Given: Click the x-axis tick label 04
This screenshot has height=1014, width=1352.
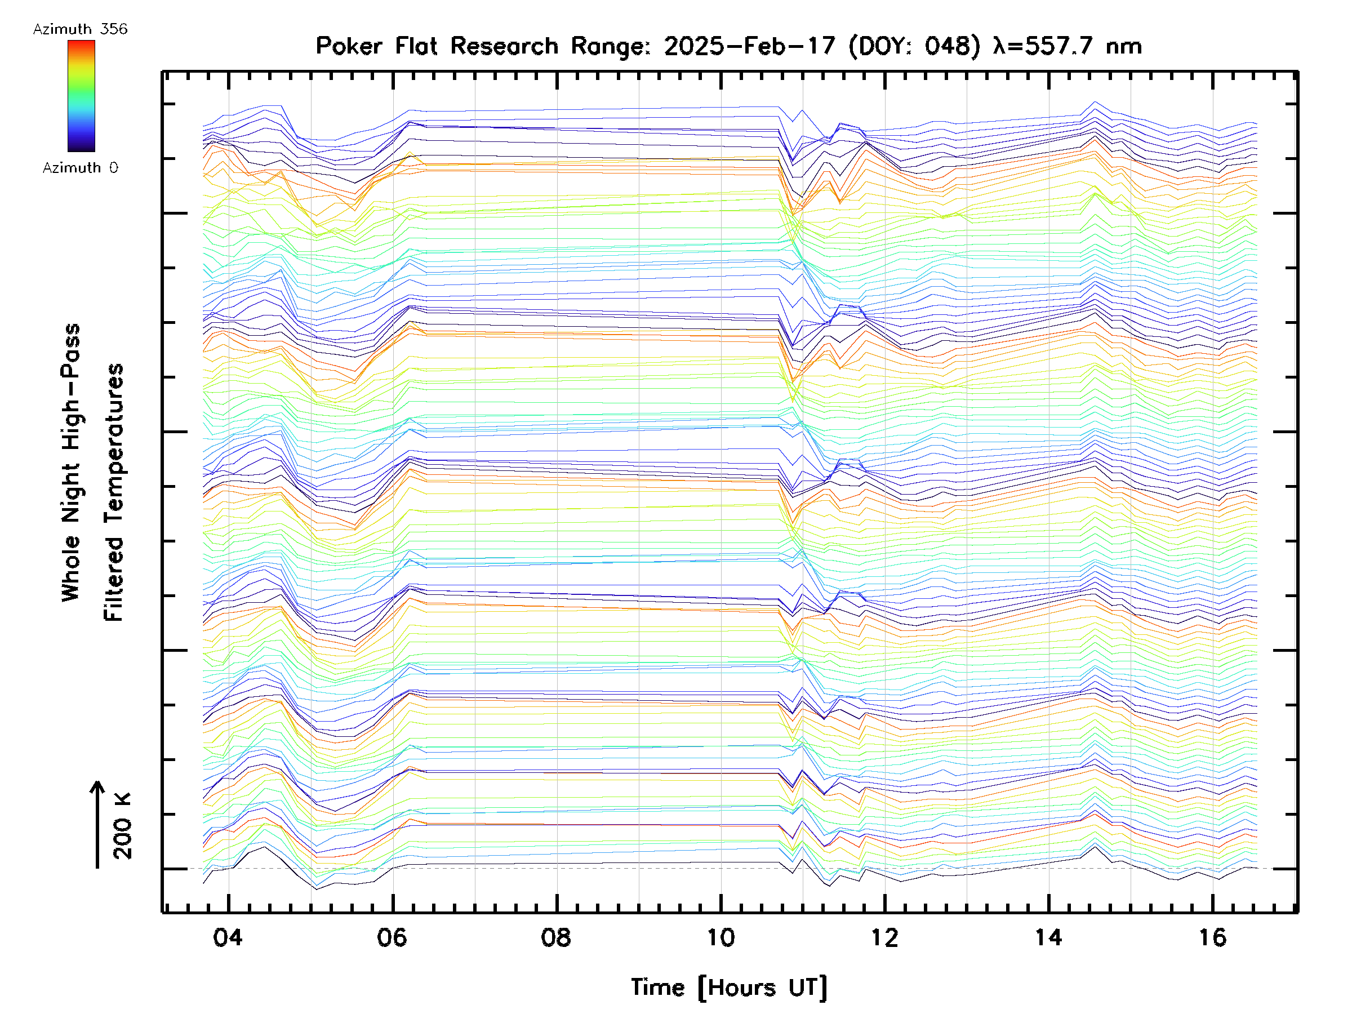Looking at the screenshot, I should pos(228,937).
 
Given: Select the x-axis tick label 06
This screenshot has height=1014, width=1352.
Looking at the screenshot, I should pos(392,937).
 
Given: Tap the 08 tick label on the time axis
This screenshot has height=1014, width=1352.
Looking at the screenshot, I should pos(555,937).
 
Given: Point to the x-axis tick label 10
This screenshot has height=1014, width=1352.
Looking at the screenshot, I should pos(721,937).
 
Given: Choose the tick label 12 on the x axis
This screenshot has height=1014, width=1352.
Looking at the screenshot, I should pos(884,937).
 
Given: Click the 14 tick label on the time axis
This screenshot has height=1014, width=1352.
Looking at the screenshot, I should pos(1048,937).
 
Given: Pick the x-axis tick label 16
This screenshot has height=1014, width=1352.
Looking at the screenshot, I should pos(1213,937).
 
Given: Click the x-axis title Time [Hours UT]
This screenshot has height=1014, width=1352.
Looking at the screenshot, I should pos(729,987).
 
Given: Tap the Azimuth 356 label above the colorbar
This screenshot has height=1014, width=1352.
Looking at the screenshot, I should pos(80,29).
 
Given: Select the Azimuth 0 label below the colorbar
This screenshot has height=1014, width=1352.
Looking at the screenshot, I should pos(80,167).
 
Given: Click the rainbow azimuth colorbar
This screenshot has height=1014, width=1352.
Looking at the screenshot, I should pos(81,96).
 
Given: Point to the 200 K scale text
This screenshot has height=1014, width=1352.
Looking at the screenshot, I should pos(123,825).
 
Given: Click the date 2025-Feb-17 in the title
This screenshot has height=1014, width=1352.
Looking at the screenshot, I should pos(749,46).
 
